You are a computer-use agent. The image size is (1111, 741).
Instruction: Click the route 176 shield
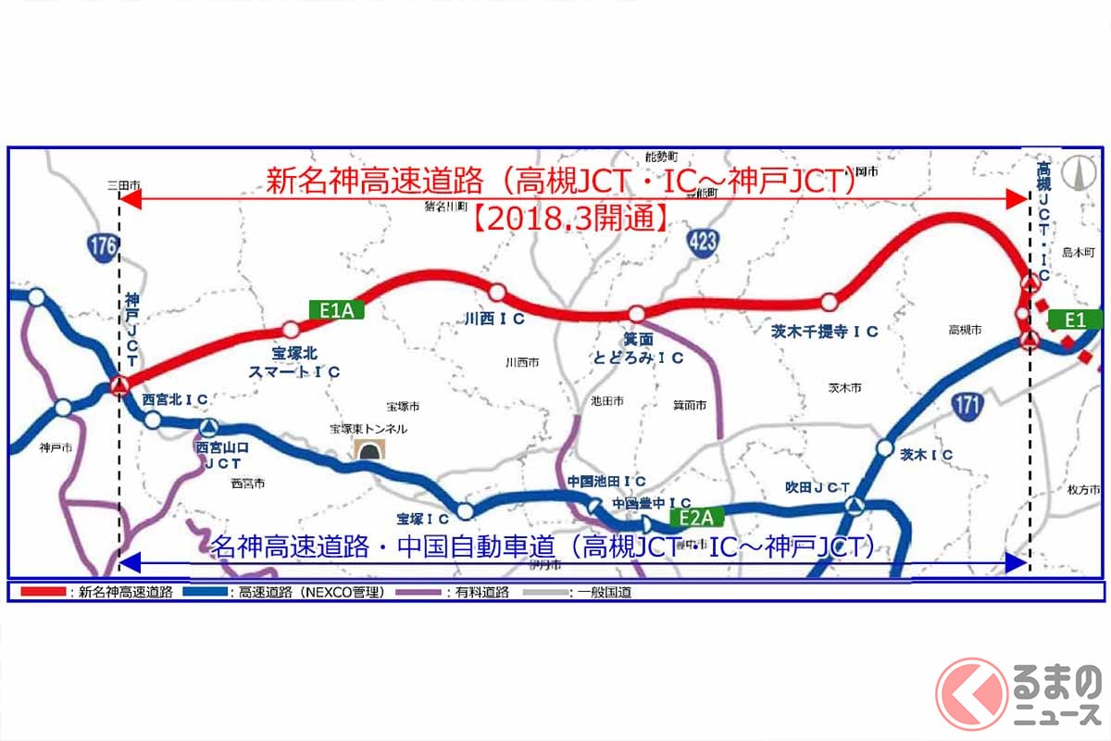coord(102,246)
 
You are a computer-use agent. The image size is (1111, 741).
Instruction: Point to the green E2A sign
coord(694,517)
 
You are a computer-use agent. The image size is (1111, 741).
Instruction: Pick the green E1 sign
coord(1075,320)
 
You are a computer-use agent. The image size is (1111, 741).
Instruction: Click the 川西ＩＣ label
coord(495,319)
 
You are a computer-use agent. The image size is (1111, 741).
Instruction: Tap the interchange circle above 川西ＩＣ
coord(497,293)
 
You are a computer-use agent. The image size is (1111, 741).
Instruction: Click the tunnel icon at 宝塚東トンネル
coord(373,451)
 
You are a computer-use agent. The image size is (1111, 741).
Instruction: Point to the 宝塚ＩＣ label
coord(422,519)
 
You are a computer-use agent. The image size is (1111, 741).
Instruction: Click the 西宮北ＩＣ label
coord(175,399)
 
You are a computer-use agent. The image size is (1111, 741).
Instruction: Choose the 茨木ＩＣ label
coord(927,454)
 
